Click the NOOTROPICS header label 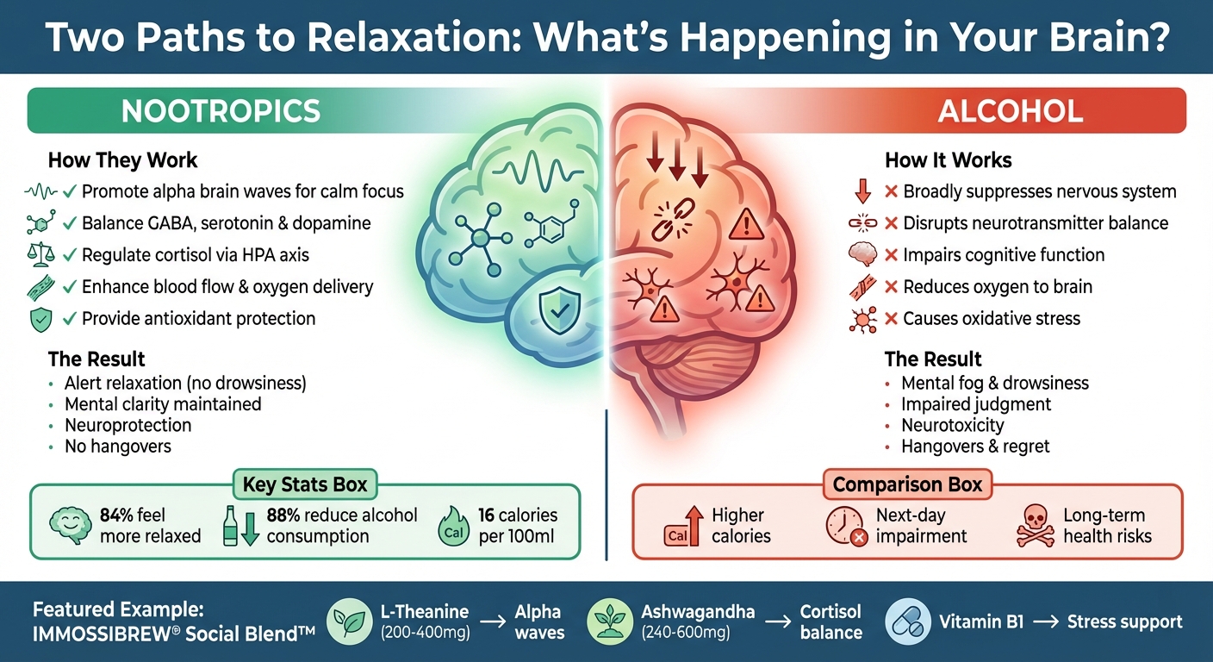221,111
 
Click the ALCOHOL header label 1011,111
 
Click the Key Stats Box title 304,484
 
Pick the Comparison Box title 907,484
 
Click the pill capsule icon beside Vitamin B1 907,622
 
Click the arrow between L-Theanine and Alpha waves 492,622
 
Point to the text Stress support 1124,622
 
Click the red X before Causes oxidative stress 892,319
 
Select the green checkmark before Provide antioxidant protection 70,319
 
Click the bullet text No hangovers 118,447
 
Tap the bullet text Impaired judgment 976,404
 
